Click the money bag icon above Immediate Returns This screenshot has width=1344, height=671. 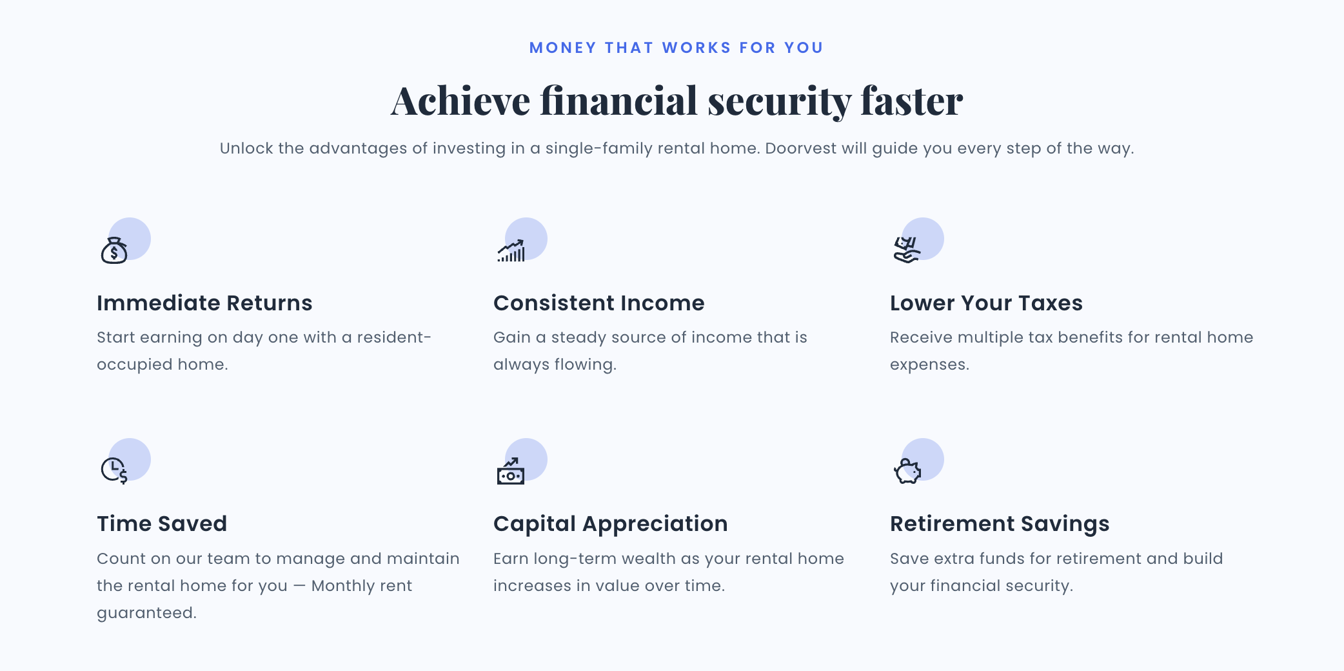coord(114,250)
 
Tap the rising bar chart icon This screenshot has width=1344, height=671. coord(511,250)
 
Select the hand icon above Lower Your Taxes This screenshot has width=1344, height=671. coord(907,250)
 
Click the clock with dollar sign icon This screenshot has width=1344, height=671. coord(114,470)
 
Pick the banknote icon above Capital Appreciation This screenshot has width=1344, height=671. coord(511,471)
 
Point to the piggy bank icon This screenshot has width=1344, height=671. coord(907,471)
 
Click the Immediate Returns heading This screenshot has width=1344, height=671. coord(204,303)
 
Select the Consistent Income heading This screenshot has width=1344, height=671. coord(599,303)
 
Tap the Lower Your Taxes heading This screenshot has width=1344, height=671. coord(986,303)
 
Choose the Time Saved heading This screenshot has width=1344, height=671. coord(162,524)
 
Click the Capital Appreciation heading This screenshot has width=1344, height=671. coord(611,524)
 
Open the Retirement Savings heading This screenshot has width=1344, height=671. coord(1000,524)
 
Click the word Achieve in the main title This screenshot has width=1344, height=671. coord(460,101)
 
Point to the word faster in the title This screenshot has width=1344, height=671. coord(912,101)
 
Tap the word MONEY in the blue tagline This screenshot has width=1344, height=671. coord(563,48)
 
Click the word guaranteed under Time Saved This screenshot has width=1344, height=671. coord(146,613)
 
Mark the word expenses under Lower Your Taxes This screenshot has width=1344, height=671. coord(929,365)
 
